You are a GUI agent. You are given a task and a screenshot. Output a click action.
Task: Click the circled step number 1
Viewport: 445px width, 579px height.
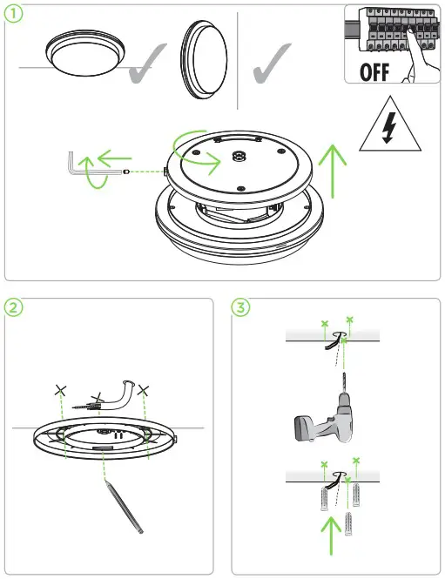tap(13, 14)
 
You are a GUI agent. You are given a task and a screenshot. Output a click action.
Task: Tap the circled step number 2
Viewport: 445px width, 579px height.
tap(13, 307)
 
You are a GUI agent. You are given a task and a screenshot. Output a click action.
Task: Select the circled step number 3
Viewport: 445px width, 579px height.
tap(240, 307)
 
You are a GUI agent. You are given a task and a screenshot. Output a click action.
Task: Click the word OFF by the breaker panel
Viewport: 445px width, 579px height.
tap(374, 72)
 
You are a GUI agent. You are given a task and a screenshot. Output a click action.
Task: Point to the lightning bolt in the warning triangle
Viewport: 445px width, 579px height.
tap(389, 127)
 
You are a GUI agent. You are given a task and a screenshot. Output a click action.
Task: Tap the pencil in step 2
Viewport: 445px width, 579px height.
tap(124, 506)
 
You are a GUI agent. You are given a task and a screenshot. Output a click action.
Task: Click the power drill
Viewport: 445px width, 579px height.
tap(324, 414)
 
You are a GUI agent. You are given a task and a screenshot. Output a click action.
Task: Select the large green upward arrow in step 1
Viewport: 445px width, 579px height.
tap(333, 171)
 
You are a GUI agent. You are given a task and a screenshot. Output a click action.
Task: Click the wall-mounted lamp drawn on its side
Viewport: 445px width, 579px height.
tap(204, 60)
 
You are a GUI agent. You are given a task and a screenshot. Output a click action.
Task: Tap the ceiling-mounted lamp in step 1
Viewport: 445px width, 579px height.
tap(85, 53)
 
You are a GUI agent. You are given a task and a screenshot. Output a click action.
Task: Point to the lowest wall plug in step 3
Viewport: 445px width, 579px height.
tap(348, 523)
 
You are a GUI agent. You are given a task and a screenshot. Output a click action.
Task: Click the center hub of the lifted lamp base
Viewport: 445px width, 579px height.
tap(239, 156)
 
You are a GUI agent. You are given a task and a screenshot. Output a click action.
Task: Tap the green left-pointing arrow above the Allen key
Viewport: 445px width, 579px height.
tap(114, 158)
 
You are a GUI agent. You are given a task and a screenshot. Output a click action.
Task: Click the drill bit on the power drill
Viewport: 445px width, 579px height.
tap(345, 383)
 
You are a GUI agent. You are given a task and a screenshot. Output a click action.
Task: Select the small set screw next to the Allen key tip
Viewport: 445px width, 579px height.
tap(126, 172)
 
